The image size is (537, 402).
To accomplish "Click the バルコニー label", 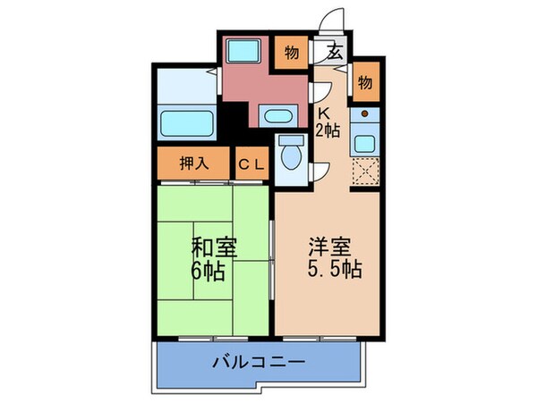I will coord(259,364).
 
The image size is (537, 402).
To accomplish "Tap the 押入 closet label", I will coord(193,163).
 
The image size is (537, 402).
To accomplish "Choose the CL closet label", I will coord(251,163).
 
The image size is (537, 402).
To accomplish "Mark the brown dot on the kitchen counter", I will coord(365,113).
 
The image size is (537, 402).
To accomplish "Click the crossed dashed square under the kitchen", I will coord(365,169).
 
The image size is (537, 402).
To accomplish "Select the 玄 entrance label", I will coord(335,52).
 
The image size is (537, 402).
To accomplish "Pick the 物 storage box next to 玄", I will coord(292,50).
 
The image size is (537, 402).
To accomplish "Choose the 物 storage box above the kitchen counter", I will coord(365,82).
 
